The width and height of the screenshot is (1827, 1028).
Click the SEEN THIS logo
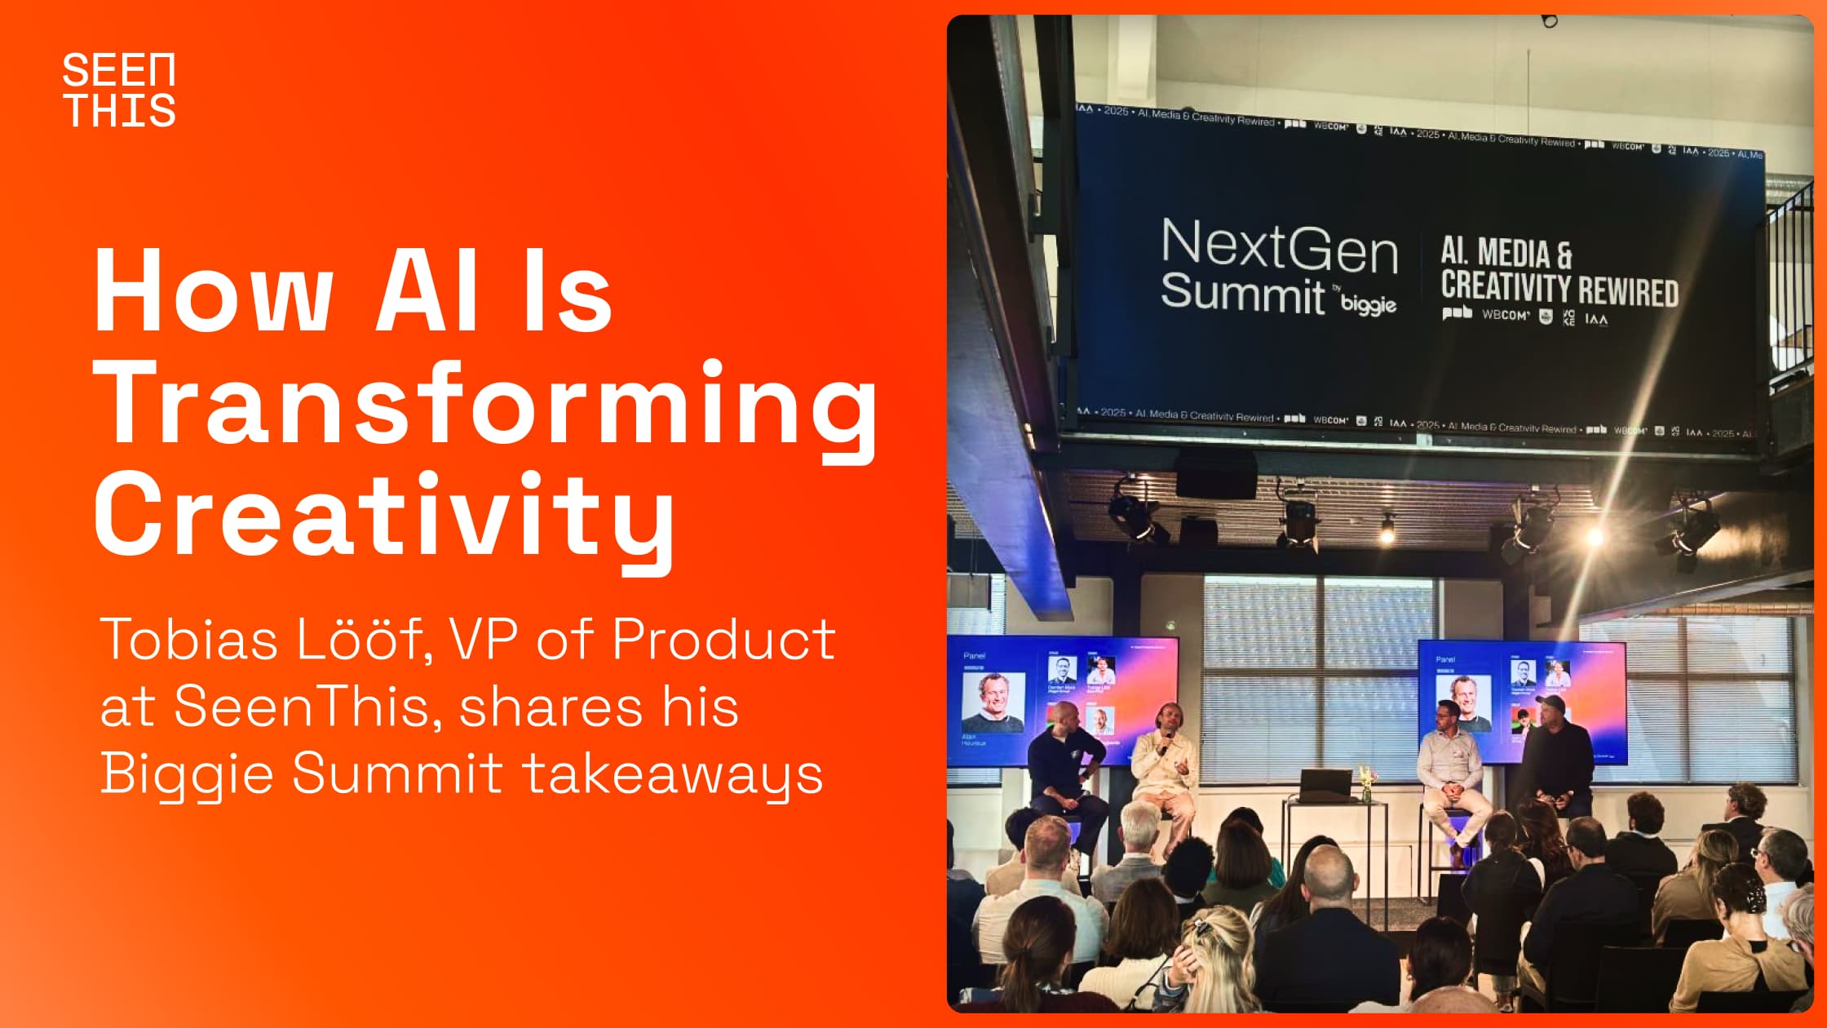119,90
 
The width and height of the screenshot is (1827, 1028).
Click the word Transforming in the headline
486,404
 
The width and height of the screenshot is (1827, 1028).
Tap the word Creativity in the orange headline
383,516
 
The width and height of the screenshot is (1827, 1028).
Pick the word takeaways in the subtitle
672,774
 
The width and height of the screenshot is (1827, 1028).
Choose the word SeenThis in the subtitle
302,707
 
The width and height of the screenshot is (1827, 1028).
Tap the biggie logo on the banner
1368,304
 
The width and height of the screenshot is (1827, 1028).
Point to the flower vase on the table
1365,783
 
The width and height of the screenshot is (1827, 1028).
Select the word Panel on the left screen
974,655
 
